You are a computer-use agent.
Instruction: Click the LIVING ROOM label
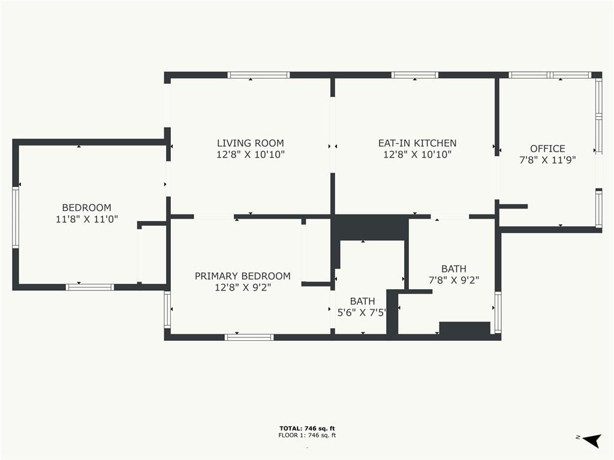250,143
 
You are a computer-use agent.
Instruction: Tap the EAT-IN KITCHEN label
417,143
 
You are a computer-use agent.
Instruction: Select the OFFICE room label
547,149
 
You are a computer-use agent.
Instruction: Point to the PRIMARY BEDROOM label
242,276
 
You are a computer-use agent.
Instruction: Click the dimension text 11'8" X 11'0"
86,219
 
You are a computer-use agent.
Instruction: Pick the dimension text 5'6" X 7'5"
362,313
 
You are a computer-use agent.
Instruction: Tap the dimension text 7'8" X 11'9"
547,160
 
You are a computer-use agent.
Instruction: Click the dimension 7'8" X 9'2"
454,280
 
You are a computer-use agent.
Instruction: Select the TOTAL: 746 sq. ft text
307,428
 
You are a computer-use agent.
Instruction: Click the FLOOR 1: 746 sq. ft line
307,435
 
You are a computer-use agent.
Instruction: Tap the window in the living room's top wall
258,75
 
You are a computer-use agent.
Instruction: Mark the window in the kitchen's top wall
415,75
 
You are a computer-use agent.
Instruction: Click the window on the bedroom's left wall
16,217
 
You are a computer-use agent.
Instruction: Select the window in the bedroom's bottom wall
90,287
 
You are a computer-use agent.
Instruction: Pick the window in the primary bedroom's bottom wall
249,337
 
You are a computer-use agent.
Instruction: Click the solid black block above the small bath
370,228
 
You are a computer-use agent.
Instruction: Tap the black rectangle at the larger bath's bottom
465,328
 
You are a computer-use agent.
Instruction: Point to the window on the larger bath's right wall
498,312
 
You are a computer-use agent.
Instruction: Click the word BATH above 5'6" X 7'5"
363,301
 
